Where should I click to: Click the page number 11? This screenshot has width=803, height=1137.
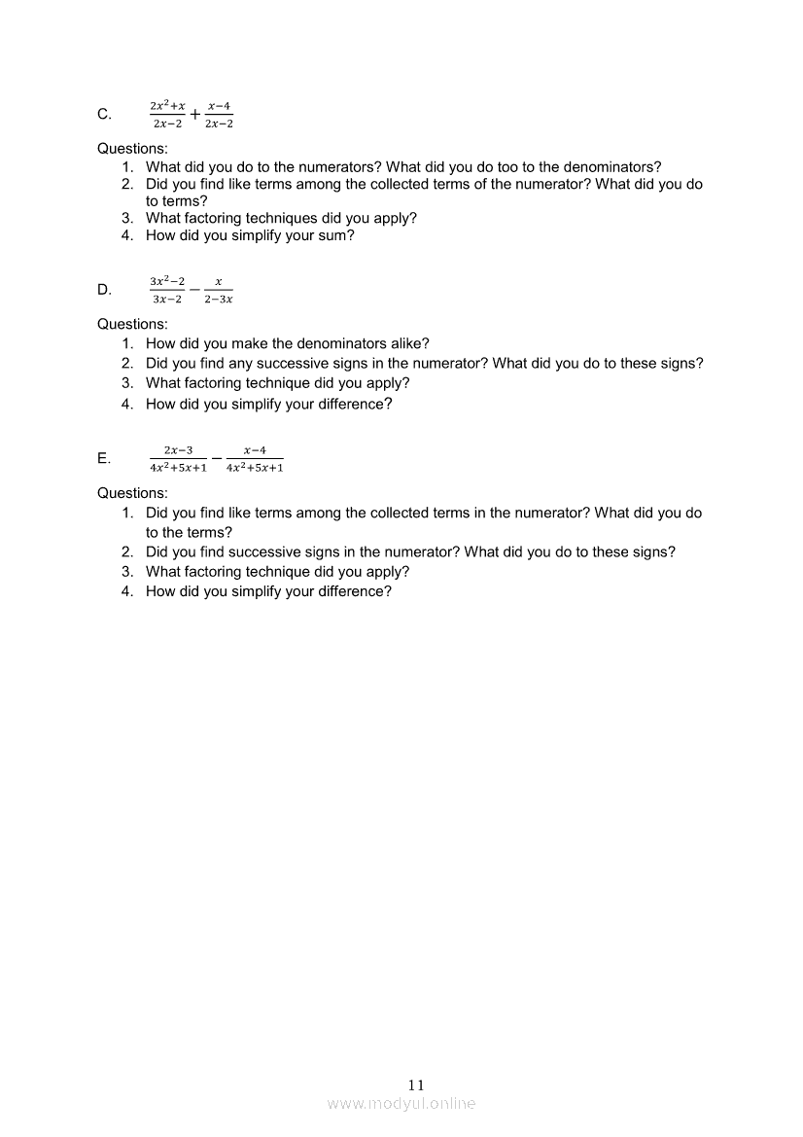(x=417, y=1084)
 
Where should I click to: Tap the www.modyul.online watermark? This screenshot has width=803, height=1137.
(x=401, y=1103)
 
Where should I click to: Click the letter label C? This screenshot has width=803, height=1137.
(x=104, y=115)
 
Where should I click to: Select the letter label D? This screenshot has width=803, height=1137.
(x=104, y=290)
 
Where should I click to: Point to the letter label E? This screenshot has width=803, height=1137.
(x=104, y=459)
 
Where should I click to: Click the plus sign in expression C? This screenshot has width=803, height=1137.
(x=195, y=115)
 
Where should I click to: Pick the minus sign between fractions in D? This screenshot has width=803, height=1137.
(x=194, y=290)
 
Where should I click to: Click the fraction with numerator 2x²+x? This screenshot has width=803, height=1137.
(x=167, y=115)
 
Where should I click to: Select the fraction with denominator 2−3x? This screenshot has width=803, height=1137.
(x=219, y=290)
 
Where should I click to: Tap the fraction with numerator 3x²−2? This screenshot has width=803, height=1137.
(x=167, y=290)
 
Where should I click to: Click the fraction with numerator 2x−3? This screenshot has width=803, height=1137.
(x=178, y=458)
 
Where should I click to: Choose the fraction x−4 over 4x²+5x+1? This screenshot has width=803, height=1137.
(x=255, y=458)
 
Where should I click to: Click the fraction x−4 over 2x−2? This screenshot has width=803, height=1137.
(x=220, y=115)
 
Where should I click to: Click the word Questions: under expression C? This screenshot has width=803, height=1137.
(x=132, y=149)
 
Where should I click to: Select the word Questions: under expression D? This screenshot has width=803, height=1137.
(x=132, y=324)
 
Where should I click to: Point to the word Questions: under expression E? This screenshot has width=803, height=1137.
(x=132, y=493)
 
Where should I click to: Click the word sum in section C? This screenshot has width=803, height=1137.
(x=332, y=235)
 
